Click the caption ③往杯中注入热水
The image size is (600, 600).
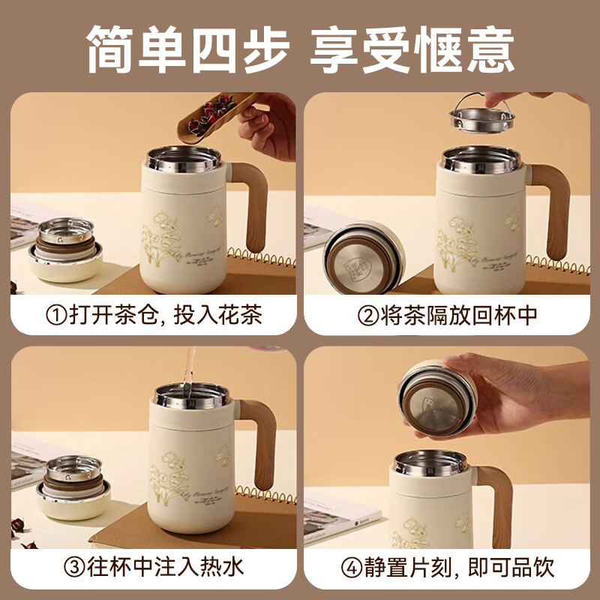coord(154,566)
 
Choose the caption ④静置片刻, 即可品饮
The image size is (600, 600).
coord(448,566)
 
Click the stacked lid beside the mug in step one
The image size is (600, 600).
coord(66,247)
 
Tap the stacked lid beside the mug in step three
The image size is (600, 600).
coord(73,487)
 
